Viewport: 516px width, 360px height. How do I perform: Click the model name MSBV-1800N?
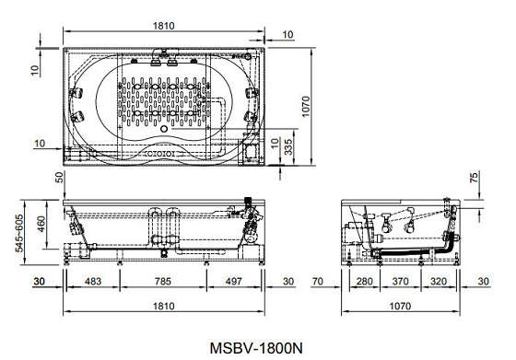tap(256, 348)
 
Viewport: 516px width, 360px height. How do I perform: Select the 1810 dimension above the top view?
tap(164, 26)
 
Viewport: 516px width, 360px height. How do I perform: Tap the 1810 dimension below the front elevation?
tap(164, 306)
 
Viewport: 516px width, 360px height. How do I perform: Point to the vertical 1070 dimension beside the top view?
tap(305, 107)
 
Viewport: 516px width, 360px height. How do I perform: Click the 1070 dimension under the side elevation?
tap(400, 306)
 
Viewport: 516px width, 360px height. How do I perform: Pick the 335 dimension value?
tap(287, 147)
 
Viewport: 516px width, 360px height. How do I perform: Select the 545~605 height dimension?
tap(19, 233)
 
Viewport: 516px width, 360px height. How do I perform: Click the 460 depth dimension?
tap(41, 224)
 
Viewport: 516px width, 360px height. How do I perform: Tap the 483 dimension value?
tap(93, 282)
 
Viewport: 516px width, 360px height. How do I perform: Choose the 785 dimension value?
tap(163, 282)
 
